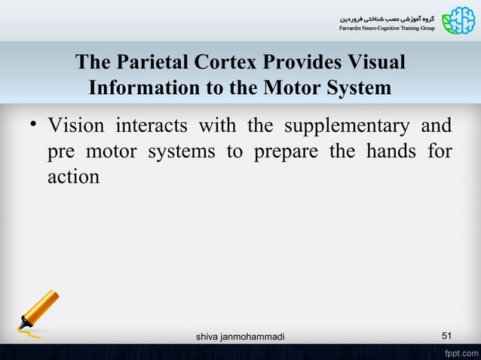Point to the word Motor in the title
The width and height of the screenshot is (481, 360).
pos(290,88)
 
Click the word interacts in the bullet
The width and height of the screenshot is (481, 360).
pos(154,125)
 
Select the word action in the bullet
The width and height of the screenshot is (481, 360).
pos(73,176)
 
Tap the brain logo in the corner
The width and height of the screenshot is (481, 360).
pos(459,20)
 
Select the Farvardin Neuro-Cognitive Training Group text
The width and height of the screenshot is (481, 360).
pos(384,29)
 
